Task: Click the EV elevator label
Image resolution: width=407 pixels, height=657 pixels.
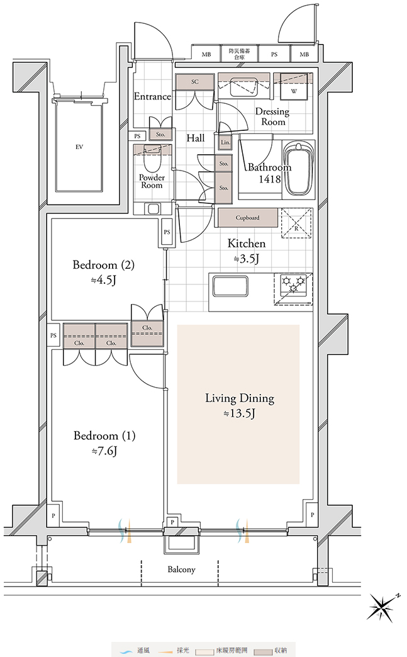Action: (79, 147)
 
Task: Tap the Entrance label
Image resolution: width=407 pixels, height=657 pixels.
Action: (152, 96)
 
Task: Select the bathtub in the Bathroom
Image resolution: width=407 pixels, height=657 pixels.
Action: (299, 169)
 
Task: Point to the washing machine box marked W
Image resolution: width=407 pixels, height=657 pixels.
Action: (294, 87)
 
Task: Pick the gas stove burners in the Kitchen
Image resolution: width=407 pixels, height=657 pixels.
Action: (294, 284)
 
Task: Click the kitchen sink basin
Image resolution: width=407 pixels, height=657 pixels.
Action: (230, 286)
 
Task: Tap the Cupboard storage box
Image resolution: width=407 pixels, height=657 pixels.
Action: (248, 218)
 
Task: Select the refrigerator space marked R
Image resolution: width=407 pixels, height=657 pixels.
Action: (296, 223)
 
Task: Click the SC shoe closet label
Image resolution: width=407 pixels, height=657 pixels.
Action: (195, 82)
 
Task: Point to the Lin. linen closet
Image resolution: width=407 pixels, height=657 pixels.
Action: (225, 142)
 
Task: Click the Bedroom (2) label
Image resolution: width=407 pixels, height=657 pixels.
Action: (103, 265)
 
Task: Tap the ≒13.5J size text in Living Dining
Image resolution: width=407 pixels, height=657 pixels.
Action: (239, 413)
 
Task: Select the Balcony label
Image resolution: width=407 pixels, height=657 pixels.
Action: (181, 570)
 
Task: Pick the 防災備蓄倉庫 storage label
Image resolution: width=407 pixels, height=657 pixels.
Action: (240, 53)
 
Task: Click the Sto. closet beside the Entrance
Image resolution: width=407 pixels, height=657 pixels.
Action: (160, 134)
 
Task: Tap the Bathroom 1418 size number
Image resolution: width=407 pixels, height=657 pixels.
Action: (269, 179)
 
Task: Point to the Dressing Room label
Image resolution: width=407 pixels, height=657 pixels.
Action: (272, 116)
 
